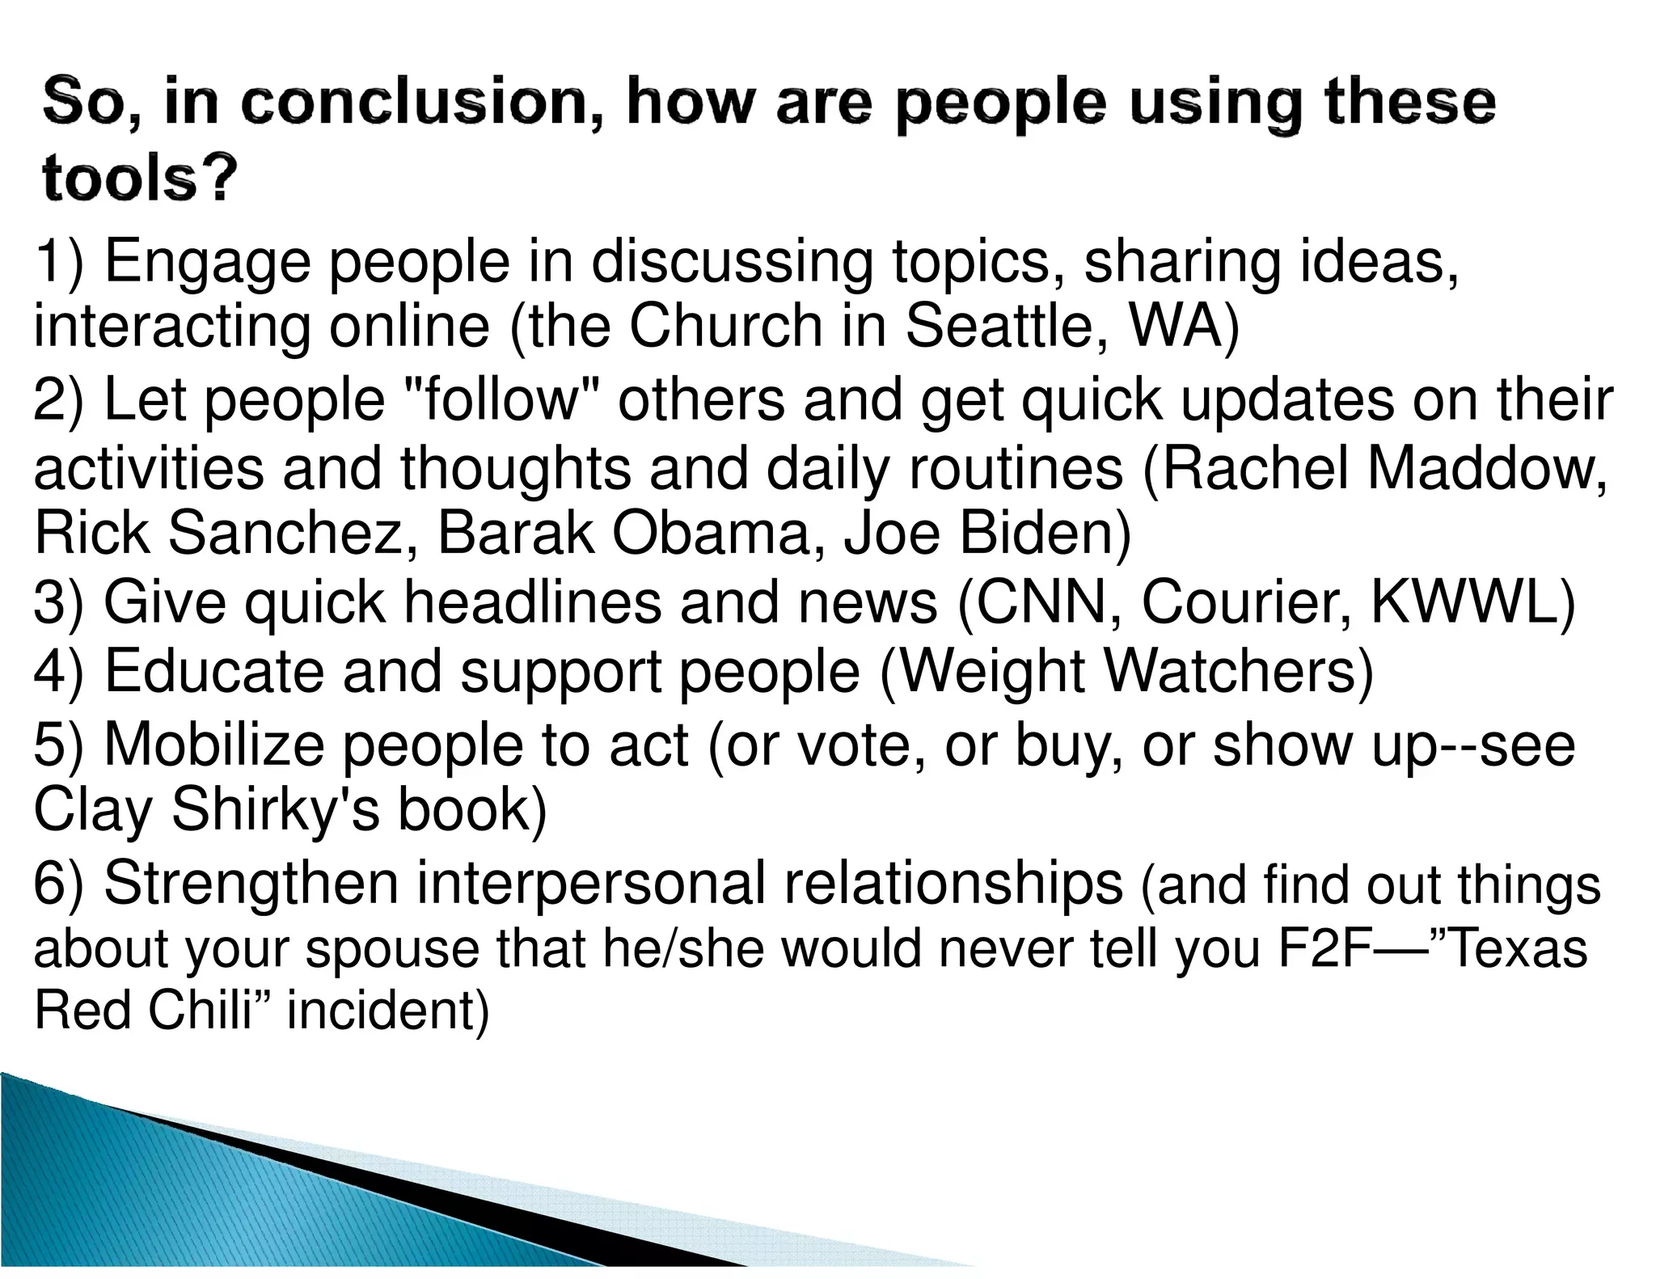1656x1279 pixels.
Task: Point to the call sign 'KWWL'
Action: click(x=1472, y=602)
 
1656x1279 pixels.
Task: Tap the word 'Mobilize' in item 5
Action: click(x=213, y=745)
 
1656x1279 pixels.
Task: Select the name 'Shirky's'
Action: click(x=275, y=809)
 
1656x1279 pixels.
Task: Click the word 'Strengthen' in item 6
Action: click(x=251, y=883)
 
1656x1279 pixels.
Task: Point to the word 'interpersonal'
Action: click(x=590, y=883)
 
